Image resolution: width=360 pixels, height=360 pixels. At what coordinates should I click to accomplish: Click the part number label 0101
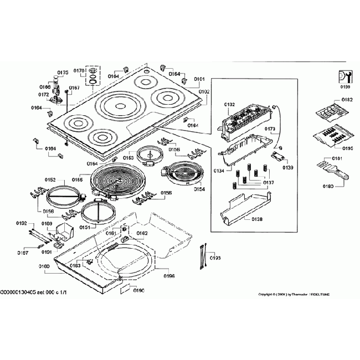(199, 79)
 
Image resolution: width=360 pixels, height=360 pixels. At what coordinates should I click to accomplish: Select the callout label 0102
(204, 91)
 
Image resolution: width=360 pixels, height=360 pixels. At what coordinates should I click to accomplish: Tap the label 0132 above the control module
(230, 104)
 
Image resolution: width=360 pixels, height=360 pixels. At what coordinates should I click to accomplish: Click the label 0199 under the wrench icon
(346, 87)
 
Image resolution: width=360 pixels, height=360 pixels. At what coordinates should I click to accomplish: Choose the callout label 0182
(347, 100)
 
